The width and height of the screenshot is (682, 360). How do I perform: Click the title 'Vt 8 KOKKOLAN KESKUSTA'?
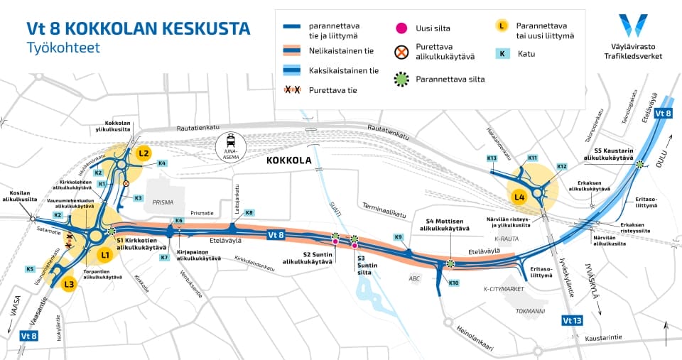pyautogui.click(x=138, y=28)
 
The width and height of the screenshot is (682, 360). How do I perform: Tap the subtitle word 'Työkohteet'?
pyautogui.click(x=63, y=48)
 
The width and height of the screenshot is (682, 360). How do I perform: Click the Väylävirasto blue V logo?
pyautogui.click(x=633, y=25)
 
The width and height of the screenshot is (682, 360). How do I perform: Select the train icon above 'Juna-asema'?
pyautogui.click(x=231, y=141)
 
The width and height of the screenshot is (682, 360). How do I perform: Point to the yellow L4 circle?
pyautogui.click(x=519, y=196)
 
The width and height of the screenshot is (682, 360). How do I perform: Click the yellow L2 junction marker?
pyautogui.click(x=144, y=153)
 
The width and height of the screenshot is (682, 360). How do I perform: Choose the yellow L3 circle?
pyautogui.click(x=68, y=285)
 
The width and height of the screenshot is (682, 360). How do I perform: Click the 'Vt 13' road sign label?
pyautogui.click(x=573, y=320)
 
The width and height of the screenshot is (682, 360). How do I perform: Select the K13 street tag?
pyautogui.click(x=492, y=158)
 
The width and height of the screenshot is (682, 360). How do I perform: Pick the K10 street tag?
pyautogui.click(x=454, y=283)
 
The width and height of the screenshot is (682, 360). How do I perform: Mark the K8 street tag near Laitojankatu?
pyautogui.click(x=249, y=213)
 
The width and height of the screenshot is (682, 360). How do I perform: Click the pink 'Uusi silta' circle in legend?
pyautogui.click(x=401, y=28)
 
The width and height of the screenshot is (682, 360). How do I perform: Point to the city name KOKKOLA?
pyautogui.click(x=289, y=161)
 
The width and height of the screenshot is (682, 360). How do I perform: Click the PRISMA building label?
pyautogui.click(x=163, y=202)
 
